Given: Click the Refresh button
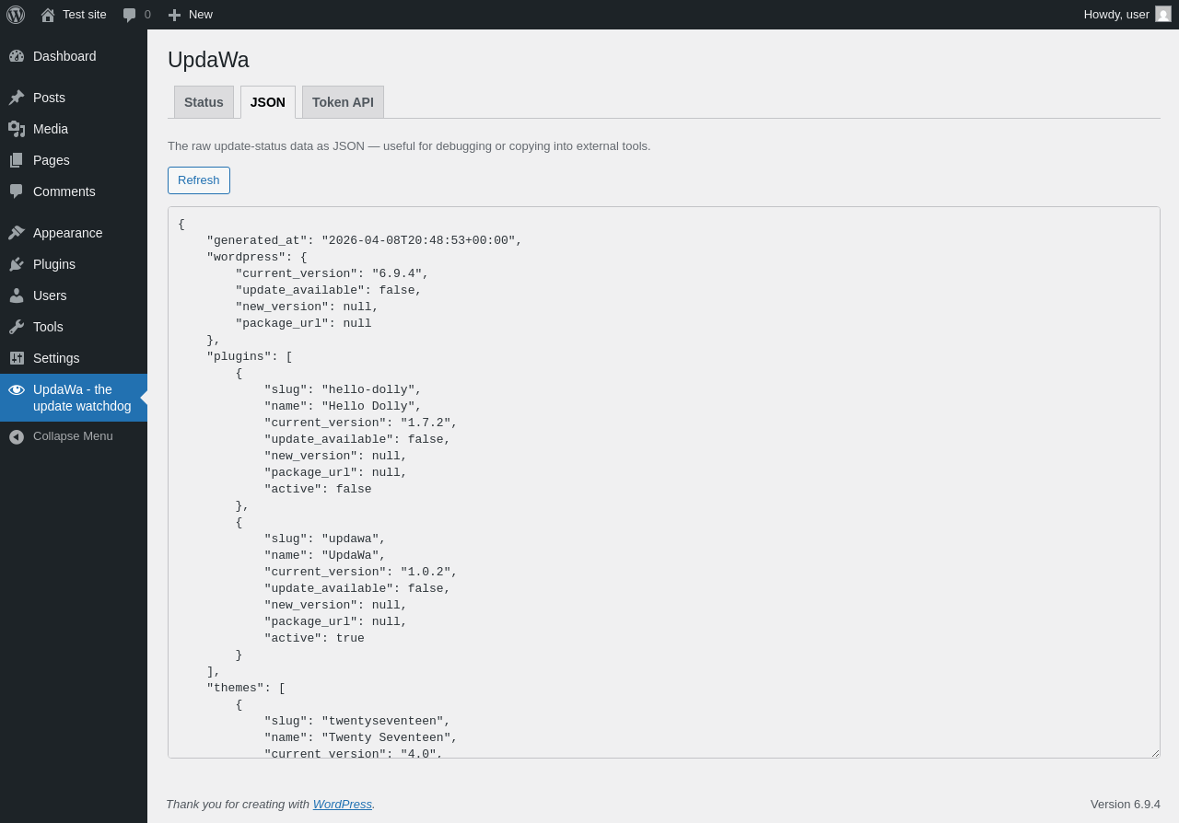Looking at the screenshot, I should point(198,180).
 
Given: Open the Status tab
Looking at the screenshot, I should point(204,102).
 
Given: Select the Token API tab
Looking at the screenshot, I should point(343,102).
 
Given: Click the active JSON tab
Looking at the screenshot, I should point(268,102).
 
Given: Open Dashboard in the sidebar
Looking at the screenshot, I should point(64,56).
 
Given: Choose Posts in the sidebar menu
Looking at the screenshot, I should point(49,98).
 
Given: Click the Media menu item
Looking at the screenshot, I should point(51,129).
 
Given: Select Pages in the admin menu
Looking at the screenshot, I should point(52,160).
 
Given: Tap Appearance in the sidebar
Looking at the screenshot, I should point(67,233).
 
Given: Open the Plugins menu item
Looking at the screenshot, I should point(54,264).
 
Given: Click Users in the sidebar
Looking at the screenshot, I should point(50,296).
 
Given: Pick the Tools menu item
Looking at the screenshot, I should point(48,327).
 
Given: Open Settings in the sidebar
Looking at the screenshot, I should point(56,358).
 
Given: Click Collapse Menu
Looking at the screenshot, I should point(73,436).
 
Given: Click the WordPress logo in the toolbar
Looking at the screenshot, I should point(16,15).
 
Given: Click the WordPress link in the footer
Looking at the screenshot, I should point(342,805).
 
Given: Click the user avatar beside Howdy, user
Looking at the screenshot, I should point(1163,15).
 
